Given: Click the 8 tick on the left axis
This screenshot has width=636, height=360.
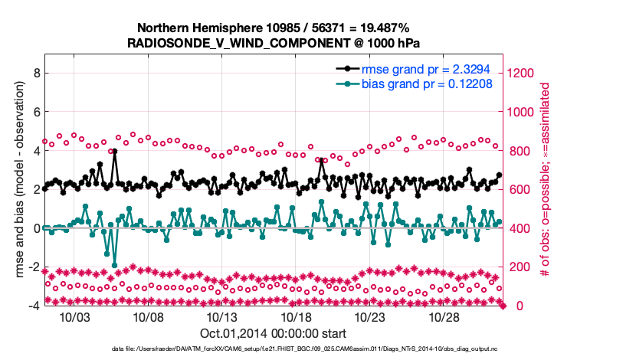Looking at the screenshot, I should [x=35, y=73].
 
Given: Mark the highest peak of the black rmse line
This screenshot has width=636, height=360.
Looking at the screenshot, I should [x=114, y=152].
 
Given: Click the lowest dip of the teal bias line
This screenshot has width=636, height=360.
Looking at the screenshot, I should [x=114, y=265].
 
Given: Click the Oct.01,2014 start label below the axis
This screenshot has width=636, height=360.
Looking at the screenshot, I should [x=273, y=333].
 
